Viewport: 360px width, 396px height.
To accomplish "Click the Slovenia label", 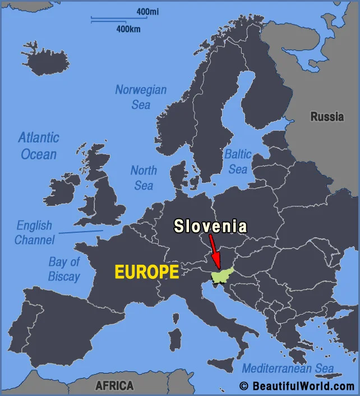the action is coord(210,226).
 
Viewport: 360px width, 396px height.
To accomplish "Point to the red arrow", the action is coord(214,251).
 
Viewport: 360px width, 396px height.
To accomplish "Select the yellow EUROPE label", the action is coord(147,273).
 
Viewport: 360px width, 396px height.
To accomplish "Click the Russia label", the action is coord(327,117).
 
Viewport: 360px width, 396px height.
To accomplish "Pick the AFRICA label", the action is coord(114,386).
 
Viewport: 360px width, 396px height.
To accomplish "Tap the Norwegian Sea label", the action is coord(141,96).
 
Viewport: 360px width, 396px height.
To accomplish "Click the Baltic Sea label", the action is coord(238,161).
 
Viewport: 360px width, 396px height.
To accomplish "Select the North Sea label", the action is coord(144,177).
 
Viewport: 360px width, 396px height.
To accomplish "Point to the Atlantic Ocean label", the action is coord(38,145).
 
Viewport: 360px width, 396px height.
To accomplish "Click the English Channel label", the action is coord(35,233).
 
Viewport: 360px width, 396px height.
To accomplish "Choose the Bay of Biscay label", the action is coord(64,269).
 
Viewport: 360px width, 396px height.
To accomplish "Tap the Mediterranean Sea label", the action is coord(288,369).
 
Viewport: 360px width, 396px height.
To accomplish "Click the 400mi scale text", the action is coord(147,11).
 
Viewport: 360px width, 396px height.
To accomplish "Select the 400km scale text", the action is coord(128,29).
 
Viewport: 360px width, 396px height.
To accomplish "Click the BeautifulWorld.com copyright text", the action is coord(297,386).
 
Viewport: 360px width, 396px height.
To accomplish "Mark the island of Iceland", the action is coord(46,58).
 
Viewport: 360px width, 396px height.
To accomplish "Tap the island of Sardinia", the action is coord(176,340).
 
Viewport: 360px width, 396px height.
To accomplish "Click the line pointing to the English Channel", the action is coord(81,232).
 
